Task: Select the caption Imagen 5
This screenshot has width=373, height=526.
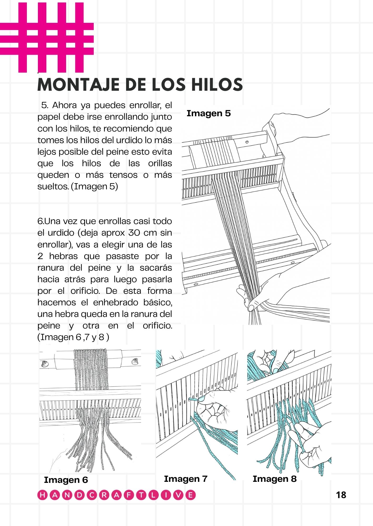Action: [208, 113]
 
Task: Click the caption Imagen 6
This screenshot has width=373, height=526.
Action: [66, 480]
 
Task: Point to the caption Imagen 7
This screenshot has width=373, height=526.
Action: [186, 479]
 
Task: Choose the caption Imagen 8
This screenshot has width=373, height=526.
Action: [275, 479]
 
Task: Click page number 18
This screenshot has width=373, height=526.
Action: [341, 495]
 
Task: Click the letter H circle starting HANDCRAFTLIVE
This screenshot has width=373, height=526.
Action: [42, 495]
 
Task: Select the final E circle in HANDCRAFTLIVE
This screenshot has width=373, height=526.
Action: [190, 495]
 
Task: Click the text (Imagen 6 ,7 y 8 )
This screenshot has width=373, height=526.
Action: [73, 337]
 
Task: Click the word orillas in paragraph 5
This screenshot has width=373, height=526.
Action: [160, 163]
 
